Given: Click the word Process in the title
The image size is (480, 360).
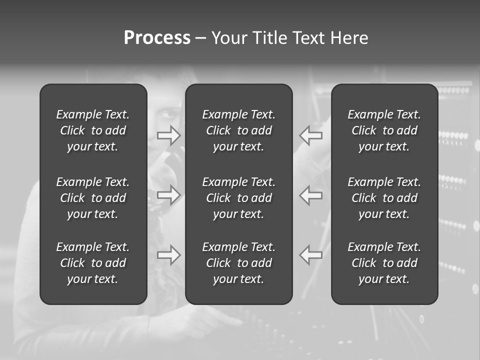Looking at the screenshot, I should pos(157,38).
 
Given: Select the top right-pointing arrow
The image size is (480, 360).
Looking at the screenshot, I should pos(168,135).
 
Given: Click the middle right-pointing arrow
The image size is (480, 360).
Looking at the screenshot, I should pos(168,194).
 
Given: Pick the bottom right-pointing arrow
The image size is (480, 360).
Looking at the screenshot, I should pos(168,255).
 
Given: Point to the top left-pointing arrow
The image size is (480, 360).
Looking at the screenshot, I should pos(311,135).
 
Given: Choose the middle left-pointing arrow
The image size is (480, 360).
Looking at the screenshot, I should pos(311,194).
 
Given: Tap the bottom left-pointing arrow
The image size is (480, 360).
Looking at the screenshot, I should pos(311,255).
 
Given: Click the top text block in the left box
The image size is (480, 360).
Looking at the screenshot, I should pos(93,130).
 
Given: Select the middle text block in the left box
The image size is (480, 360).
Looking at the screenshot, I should pos(93,198).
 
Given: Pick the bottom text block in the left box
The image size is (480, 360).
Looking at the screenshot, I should pos(93,263).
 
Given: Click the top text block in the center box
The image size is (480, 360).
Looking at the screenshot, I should pos(239,130).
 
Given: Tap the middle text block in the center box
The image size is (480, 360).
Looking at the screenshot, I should pos(239,198).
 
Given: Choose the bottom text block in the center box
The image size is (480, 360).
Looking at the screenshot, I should pos(239,263).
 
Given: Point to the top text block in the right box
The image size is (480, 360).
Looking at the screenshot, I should pos(384,130).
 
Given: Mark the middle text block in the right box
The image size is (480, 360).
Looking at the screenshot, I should pos(384,198).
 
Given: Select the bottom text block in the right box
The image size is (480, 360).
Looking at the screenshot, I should pos(384,263).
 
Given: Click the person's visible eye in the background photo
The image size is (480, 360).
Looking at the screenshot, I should pos(169,114).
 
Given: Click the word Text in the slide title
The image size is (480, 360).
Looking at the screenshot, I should pos(309,38).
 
